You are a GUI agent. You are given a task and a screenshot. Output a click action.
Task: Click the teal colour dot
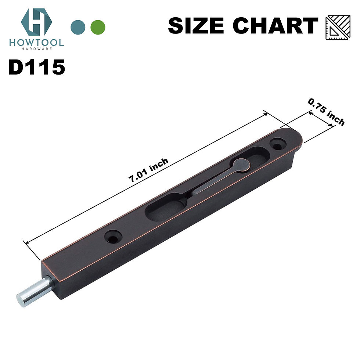tap(78, 26)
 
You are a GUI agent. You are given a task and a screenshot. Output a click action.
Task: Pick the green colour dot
tap(98, 26)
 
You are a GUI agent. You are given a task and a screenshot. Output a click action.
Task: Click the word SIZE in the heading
tap(197, 26)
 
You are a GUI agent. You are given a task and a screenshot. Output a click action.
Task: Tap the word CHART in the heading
tap(276, 26)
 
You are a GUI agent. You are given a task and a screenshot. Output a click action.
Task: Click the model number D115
tap(37, 68)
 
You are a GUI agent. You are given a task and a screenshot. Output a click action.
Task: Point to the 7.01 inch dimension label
tap(148, 170)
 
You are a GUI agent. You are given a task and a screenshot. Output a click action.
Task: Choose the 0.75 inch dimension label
tap(327, 112)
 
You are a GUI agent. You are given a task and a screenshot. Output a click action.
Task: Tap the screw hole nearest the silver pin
tap(113, 238)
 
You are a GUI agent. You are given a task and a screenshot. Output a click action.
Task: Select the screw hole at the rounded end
tap(277, 144)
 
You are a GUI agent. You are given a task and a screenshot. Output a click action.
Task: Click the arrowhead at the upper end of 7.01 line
tap(266, 114)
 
